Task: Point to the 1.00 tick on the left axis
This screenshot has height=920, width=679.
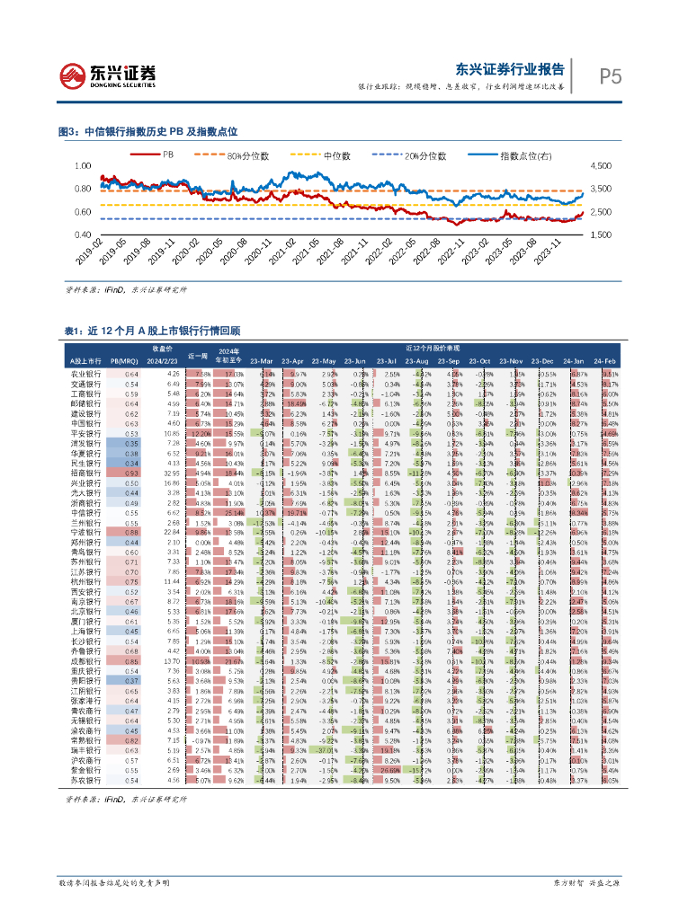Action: [x=84, y=166]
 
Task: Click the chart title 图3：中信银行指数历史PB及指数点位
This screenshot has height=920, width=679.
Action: [x=147, y=131]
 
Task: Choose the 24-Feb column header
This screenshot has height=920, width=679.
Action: [x=609, y=360]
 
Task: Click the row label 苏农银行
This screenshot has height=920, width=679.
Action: [x=85, y=781]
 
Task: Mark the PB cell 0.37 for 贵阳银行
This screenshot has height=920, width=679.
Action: [x=132, y=681]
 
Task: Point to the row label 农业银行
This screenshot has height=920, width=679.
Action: [x=85, y=373]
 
